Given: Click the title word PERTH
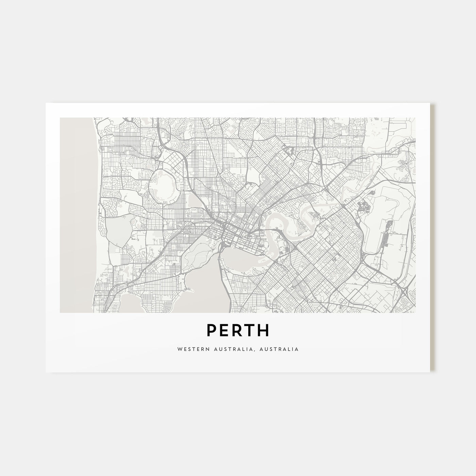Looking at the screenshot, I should pyautogui.click(x=238, y=330).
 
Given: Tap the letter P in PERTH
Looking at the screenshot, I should pyautogui.click(x=211, y=330).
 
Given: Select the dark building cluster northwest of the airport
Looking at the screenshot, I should pyautogui.click(x=363, y=206).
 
